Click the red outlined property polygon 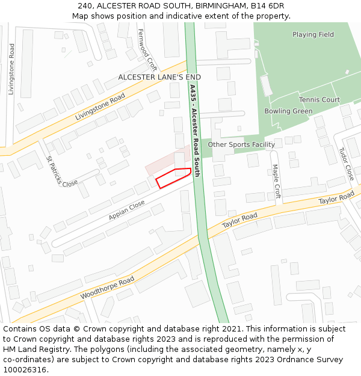click(x=173, y=177)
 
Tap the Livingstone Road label click(x=100, y=107)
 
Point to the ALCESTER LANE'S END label click(x=159, y=77)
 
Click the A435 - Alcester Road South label click(x=194, y=129)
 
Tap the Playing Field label click(x=313, y=34)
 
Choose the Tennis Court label click(x=319, y=99)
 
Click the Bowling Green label click(x=288, y=111)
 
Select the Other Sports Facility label click(x=241, y=144)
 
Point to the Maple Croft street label click(x=276, y=181)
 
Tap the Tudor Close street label click(x=346, y=164)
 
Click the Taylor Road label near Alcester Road click(x=239, y=220)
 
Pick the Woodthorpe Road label click(x=107, y=289)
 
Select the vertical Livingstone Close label click(x=11, y=69)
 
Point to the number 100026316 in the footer click(x=25, y=369)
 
